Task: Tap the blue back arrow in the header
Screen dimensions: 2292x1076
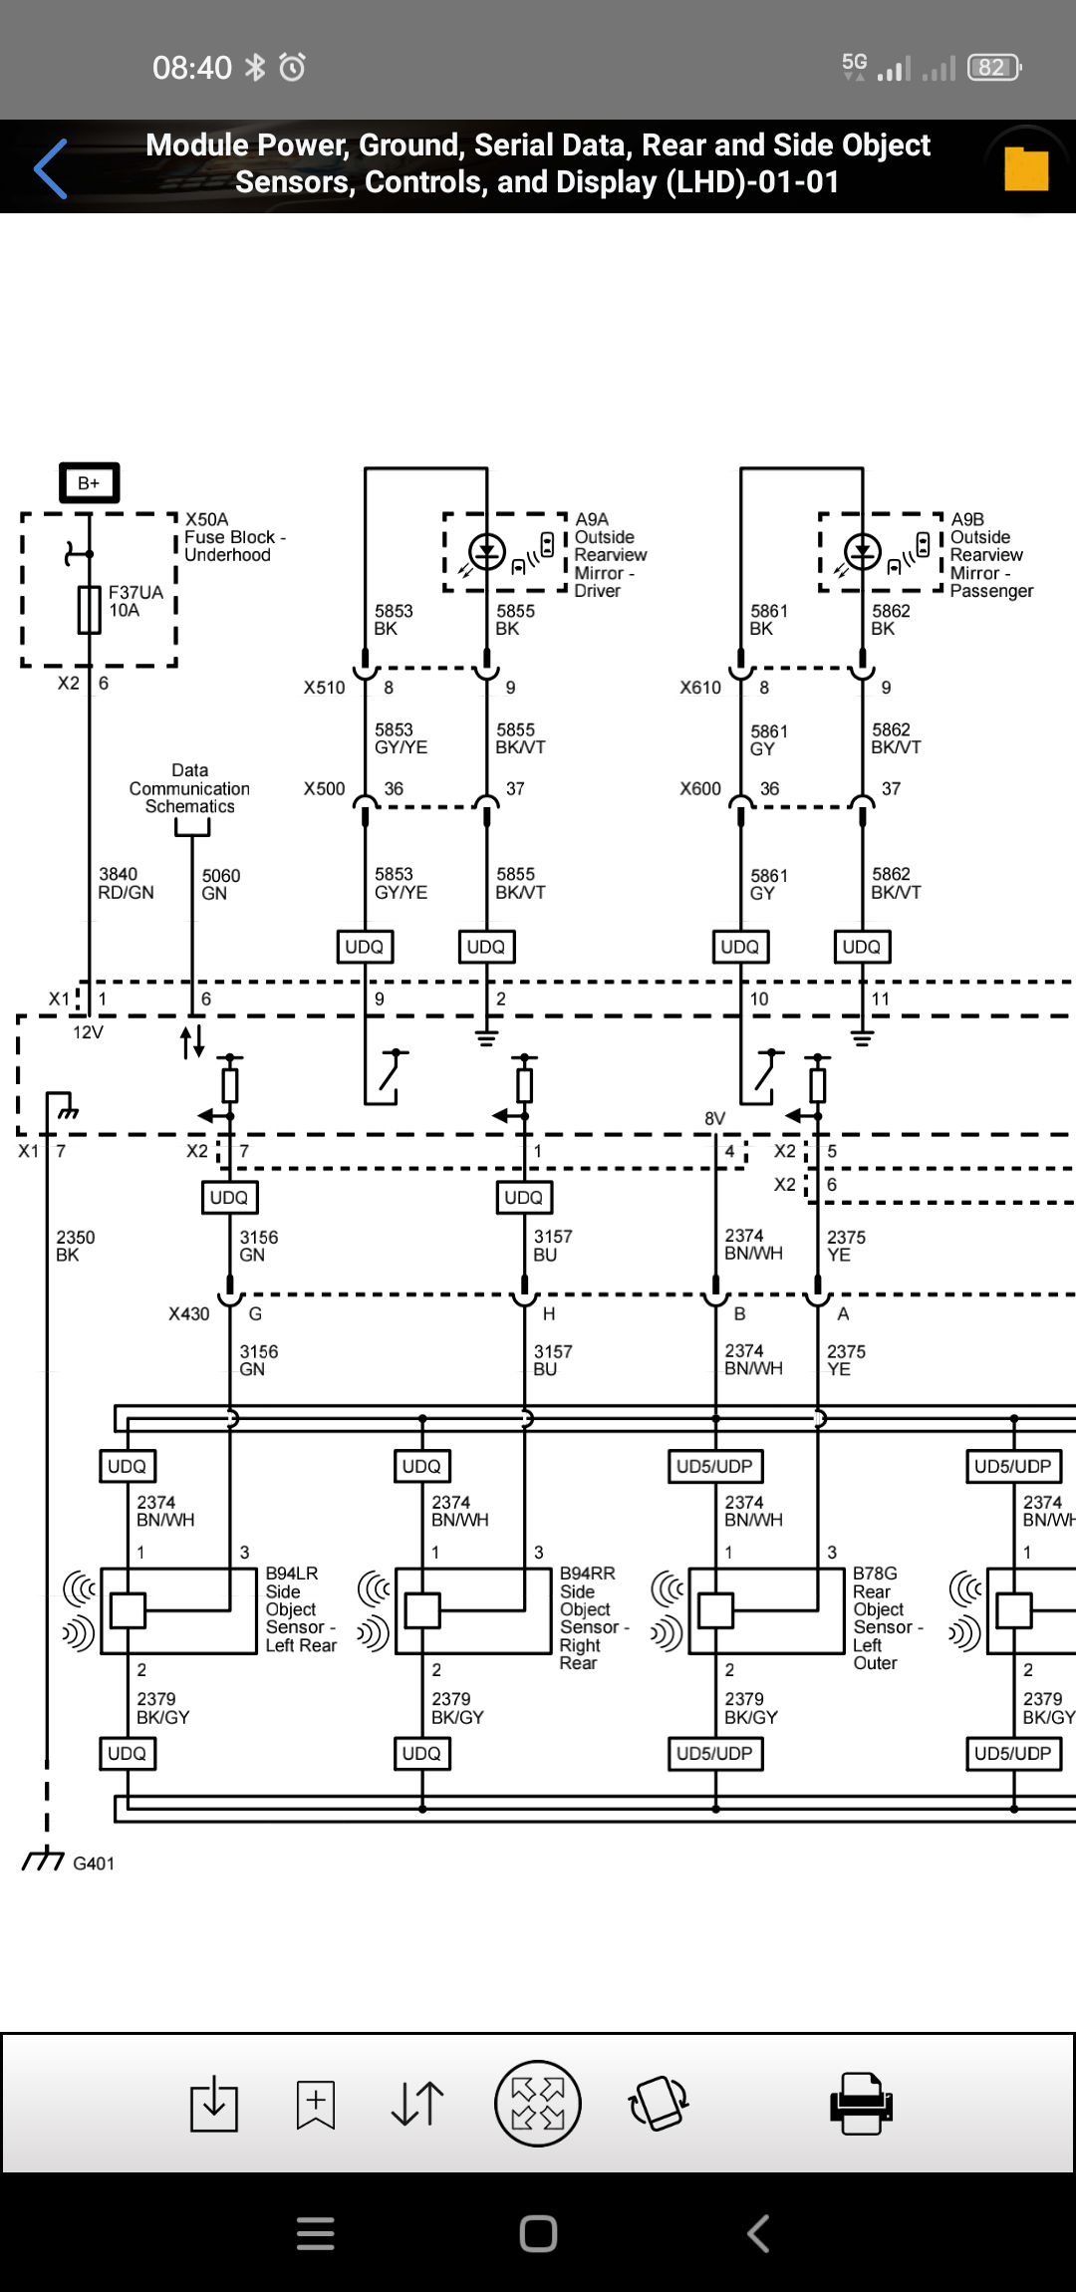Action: (51, 168)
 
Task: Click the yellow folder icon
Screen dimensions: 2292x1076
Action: (1026, 168)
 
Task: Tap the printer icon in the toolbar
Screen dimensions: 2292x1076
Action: (861, 2103)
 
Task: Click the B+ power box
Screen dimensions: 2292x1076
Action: (90, 483)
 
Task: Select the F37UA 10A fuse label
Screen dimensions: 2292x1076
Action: (135, 601)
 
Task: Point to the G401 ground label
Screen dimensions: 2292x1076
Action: (94, 1863)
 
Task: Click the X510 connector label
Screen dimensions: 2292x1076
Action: (324, 688)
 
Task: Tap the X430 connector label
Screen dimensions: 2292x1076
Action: (189, 1313)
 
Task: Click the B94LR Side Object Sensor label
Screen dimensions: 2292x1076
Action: (300, 1608)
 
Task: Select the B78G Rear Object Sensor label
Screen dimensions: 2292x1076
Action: (887, 1617)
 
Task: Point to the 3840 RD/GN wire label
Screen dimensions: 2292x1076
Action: (126, 883)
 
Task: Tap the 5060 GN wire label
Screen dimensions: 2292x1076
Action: (220, 884)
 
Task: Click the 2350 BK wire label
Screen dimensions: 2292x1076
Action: (75, 1246)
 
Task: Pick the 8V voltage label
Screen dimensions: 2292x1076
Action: (714, 1118)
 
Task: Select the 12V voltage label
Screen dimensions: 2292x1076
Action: (88, 1032)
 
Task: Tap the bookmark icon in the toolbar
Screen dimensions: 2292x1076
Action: (315, 2104)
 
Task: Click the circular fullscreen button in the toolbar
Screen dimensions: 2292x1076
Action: (538, 2103)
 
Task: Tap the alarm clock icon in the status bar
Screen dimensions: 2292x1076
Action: (292, 67)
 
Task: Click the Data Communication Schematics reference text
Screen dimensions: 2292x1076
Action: (189, 788)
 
